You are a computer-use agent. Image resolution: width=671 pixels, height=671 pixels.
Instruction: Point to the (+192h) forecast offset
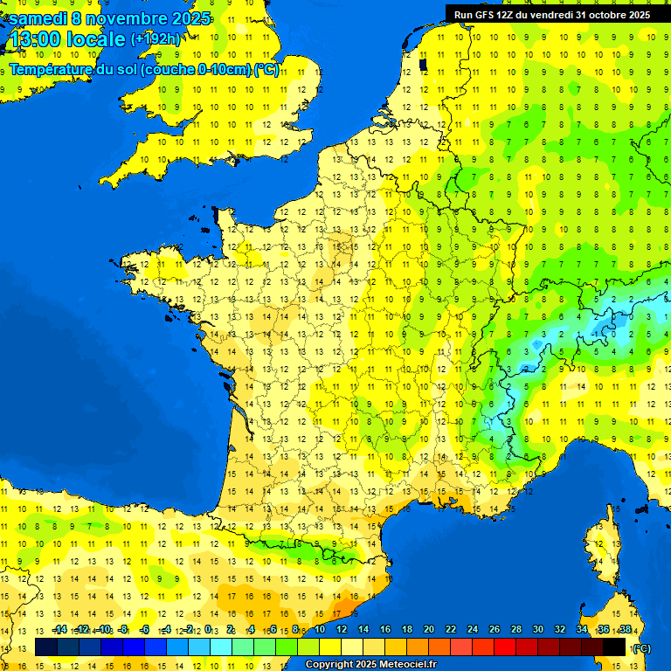point(156,39)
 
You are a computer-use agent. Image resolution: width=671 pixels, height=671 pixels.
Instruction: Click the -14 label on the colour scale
point(59,630)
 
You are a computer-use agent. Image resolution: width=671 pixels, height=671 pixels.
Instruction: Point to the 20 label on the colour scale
point(429,630)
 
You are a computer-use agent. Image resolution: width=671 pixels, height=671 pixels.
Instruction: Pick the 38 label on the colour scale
point(625,630)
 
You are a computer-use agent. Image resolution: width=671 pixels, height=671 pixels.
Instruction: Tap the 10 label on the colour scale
point(320,630)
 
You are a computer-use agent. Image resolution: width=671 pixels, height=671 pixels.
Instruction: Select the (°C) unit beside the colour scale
point(640,647)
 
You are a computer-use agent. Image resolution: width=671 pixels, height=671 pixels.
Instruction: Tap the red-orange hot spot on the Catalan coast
point(347,603)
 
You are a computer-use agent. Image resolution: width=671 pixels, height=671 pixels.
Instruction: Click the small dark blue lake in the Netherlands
point(423,64)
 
